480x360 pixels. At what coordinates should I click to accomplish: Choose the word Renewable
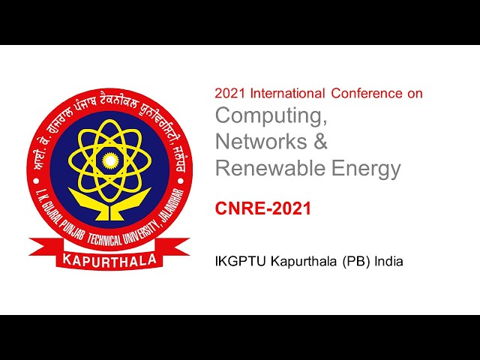point(271,168)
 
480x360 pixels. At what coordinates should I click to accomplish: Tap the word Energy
point(367,168)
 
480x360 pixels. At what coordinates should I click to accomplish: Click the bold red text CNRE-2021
point(263,208)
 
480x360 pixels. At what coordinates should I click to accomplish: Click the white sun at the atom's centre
point(110,160)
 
